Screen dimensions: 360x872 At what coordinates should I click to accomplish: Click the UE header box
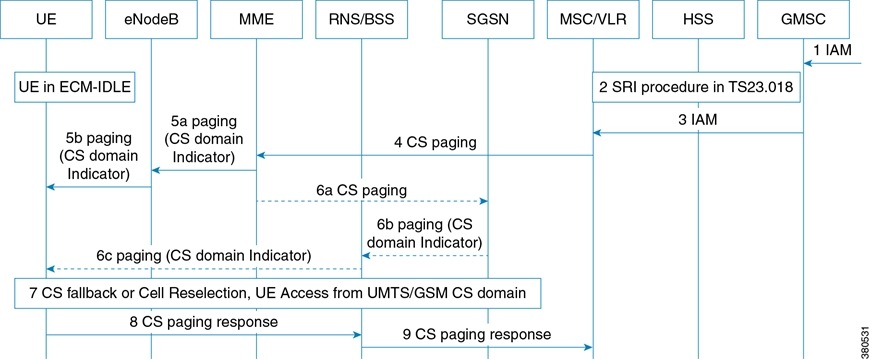(x=47, y=19)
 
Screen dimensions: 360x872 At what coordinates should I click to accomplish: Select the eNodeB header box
(x=151, y=19)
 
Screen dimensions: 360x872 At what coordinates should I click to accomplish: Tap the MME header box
(x=257, y=19)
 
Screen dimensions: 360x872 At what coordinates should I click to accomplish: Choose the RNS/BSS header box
(x=361, y=19)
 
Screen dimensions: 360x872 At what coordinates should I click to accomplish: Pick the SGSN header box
(x=487, y=19)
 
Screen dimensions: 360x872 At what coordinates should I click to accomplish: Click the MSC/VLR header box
(x=593, y=19)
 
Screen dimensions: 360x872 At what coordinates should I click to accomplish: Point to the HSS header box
(x=699, y=19)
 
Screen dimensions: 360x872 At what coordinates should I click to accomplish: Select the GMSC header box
(x=806, y=19)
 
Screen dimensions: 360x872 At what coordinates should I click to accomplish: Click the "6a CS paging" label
(x=366, y=188)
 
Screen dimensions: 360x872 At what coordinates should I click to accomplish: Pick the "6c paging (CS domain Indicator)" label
(x=204, y=255)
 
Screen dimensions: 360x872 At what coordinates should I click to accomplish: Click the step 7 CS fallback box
(x=278, y=291)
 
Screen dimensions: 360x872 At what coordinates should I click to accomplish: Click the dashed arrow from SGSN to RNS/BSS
(x=424, y=255)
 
